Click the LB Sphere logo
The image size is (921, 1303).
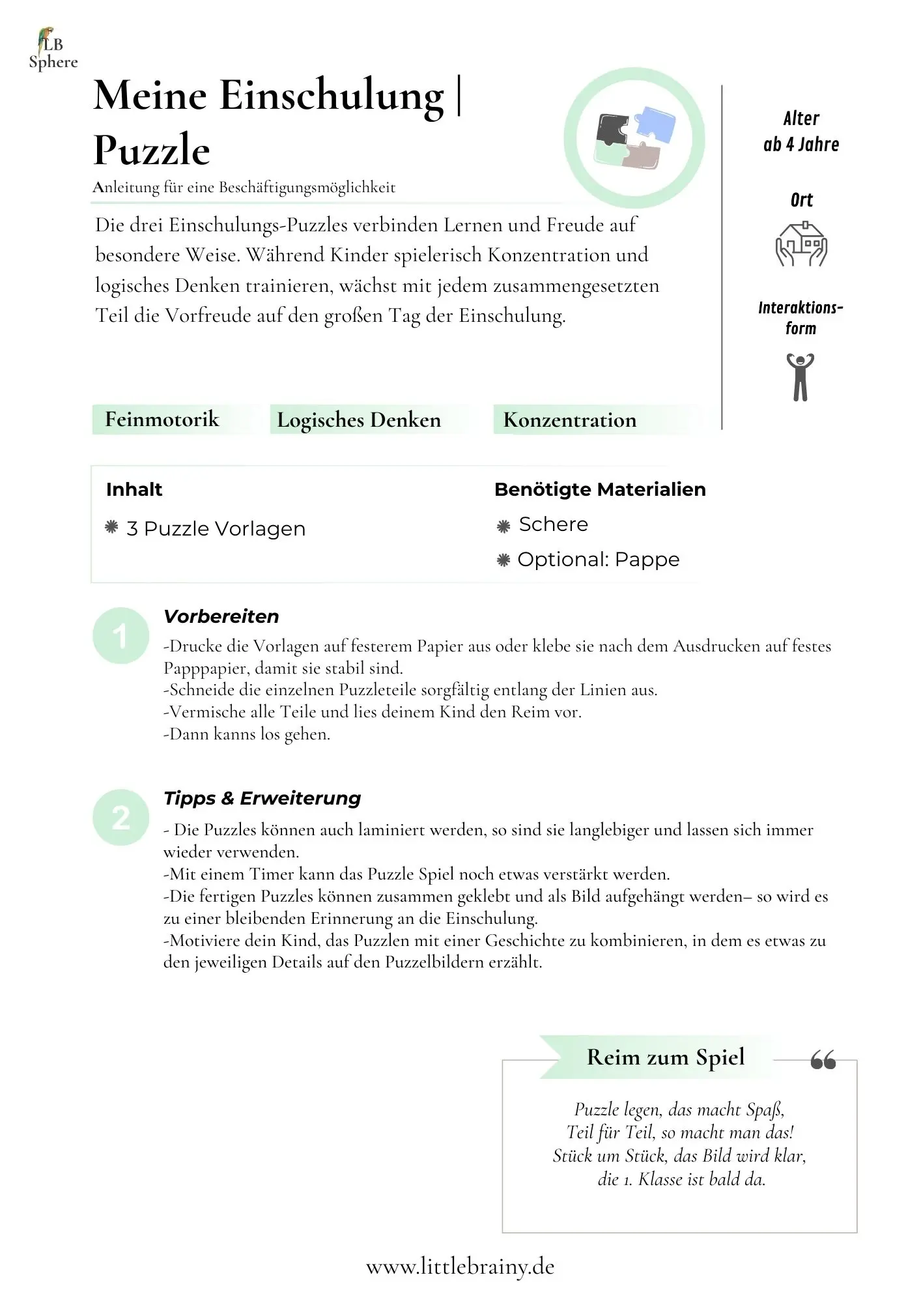click(52, 50)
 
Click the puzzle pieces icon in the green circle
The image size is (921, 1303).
click(634, 138)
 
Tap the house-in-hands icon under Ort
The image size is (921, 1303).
click(801, 244)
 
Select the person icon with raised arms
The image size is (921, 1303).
click(800, 377)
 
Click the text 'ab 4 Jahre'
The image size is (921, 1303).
click(801, 145)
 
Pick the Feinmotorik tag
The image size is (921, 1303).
click(162, 420)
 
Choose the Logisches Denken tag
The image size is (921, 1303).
click(359, 420)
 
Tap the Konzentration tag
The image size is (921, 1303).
click(570, 420)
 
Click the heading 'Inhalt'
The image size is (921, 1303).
click(134, 489)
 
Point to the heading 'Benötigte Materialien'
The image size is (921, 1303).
click(599, 489)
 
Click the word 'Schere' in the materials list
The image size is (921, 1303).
click(553, 524)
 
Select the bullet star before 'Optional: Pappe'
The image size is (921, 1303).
click(503, 560)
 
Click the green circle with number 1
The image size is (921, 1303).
click(120, 636)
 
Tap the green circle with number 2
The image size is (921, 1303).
click(120, 818)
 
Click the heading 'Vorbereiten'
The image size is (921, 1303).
click(221, 616)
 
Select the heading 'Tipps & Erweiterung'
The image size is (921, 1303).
click(262, 798)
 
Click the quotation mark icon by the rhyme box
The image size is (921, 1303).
click(823, 1061)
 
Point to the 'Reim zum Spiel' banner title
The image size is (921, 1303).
click(665, 1057)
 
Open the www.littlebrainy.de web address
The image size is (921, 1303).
click(460, 1267)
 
